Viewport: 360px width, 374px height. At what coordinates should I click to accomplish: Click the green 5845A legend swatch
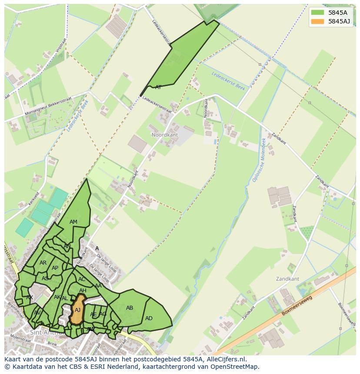click(x=317, y=13)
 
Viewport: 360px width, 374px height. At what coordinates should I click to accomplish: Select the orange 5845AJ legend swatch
click(x=317, y=21)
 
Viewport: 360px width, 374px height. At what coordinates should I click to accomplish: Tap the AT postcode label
click(x=158, y=87)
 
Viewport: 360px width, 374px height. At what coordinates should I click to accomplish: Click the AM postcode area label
click(x=73, y=222)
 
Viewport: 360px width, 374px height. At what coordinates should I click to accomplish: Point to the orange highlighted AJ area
click(x=77, y=310)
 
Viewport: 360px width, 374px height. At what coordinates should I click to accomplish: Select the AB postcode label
click(x=130, y=308)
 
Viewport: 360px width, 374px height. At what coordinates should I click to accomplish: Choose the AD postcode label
click(x=149, y=318)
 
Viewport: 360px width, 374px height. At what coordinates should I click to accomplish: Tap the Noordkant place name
click(x=165, y=135)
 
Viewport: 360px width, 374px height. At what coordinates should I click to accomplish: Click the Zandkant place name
click(x=287, y=279)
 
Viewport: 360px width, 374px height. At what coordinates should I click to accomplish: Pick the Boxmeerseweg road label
click(x=297, y=306)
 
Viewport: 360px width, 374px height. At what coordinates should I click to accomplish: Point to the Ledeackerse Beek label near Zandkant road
click(x=228, y=80)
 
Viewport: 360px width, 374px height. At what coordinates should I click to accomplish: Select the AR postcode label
click(x=43, y=263)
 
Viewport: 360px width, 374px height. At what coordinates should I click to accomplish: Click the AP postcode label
click(x=55, y=268)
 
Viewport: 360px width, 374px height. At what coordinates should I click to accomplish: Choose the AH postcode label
click(x=83, y=291)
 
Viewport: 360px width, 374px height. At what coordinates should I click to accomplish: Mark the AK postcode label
click(x=57, y=297)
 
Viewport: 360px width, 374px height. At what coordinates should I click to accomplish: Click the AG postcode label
click(x=103, y=314)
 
